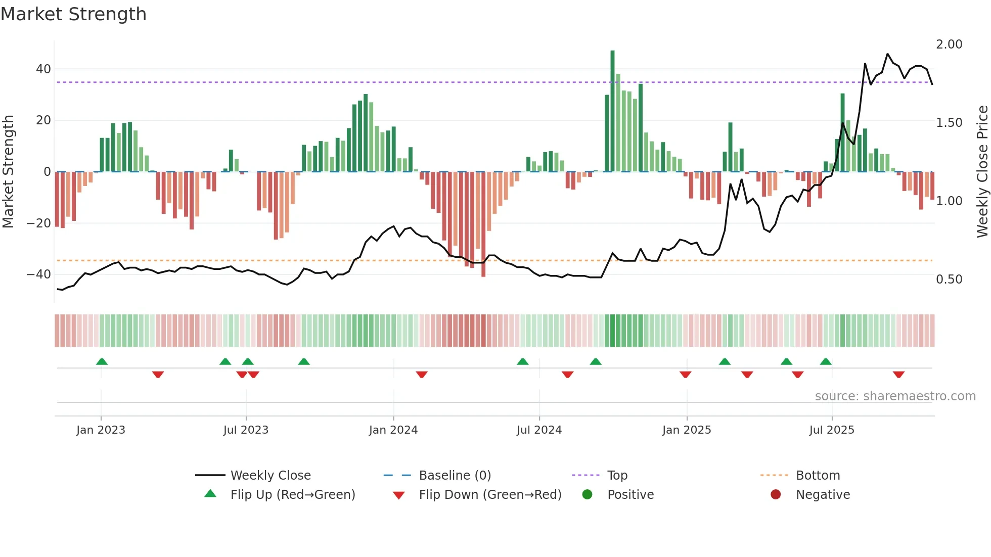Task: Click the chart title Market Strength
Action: pos(73,14)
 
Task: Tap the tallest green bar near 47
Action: pos(612,111)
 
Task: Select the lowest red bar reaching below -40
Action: pos(483,225)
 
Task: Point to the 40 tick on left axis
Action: pos(43,69)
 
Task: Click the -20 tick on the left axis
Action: pos(39,223)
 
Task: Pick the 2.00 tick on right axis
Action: pos(949,44)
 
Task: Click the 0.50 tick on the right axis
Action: pos(949,280)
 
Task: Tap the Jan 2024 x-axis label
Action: pos(393,430)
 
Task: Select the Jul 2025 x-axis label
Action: pos(832,430)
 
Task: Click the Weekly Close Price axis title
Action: pos(982,172)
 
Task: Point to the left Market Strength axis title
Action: pos(9,172)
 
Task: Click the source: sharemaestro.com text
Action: pos(895,396)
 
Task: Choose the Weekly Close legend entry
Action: pos(270,476)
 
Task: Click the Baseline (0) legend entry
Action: pos(455,476)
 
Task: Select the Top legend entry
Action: pos(617,476)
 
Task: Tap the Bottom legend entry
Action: pos(818,476)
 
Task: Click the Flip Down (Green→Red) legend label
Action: pos(490,495)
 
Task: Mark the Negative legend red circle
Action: pos(776,494)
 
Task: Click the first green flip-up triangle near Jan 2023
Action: pos(102,361)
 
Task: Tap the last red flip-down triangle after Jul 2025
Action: pos(898,375)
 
